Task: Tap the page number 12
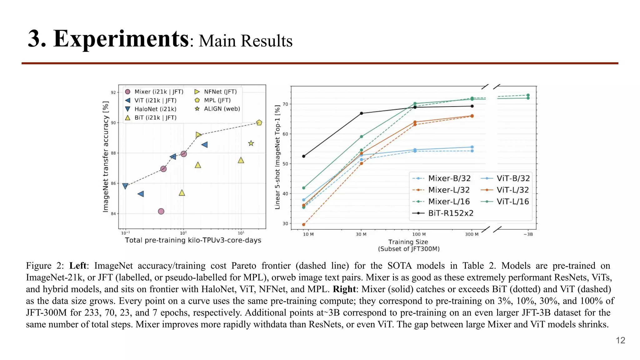coord(620,340)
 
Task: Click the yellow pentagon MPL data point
coord(259,123)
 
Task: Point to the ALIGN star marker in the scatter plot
coord(251,143)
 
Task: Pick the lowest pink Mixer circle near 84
coord(161,212)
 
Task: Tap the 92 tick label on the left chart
coord(113,92)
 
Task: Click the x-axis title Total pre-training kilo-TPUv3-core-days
coord(193,240)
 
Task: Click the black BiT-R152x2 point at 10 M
coord(304,156)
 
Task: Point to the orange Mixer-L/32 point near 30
coord(304,224)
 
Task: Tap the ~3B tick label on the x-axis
coord(528,234)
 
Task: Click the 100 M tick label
coord(419,234)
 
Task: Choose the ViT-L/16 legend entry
coord(512,202)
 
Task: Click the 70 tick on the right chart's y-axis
coord(285,104)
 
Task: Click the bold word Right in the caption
coord(344,289)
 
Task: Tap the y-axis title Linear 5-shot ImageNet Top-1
coord(277,157)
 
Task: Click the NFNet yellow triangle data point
coord(198,135)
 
